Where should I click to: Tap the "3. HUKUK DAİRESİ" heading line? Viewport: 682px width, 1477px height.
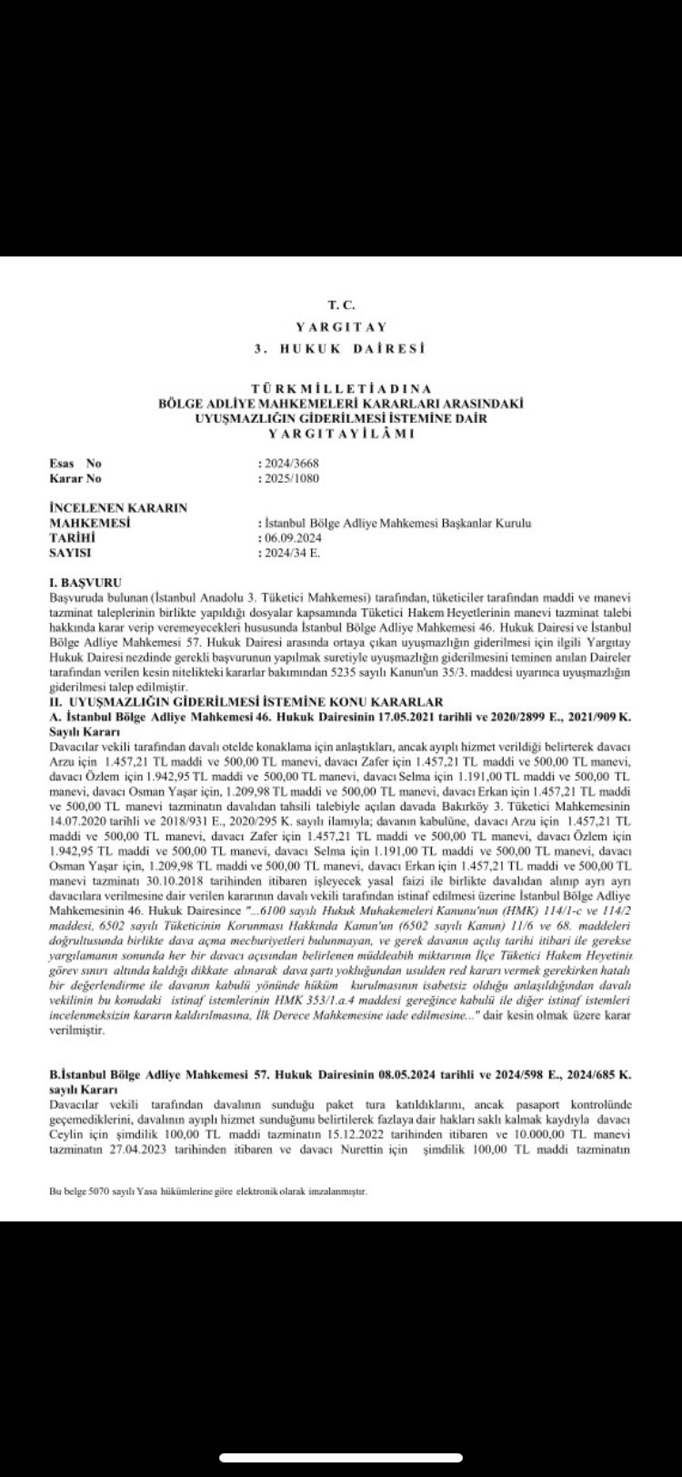click(340, 348)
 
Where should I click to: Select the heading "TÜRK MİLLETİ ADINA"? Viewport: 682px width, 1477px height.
click(340, 388)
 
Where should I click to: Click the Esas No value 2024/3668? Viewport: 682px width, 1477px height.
click(290, 463)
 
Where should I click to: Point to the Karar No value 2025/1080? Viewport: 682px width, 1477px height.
click(290, 477)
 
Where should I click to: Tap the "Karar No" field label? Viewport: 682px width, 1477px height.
click(77, 477)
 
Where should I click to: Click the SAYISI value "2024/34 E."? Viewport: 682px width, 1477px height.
click(289, 552)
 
